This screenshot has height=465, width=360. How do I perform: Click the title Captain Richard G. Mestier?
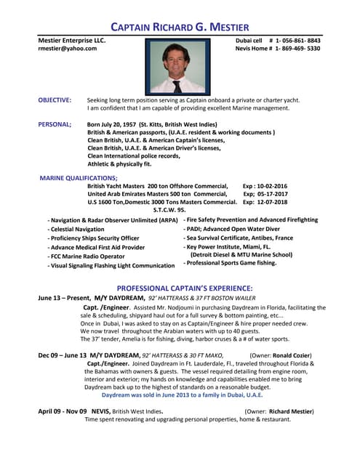click(x=180, y=27)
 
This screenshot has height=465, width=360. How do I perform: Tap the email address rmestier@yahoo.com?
click(x=67, y=49)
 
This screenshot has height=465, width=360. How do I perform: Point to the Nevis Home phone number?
click(x=297, y=49)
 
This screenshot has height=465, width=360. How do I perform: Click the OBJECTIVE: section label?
click(x=55, y=100)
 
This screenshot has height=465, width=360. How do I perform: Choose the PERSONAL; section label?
click(x=55, y=124)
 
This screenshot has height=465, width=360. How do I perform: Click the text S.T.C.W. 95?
click(x=169, y=210)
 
